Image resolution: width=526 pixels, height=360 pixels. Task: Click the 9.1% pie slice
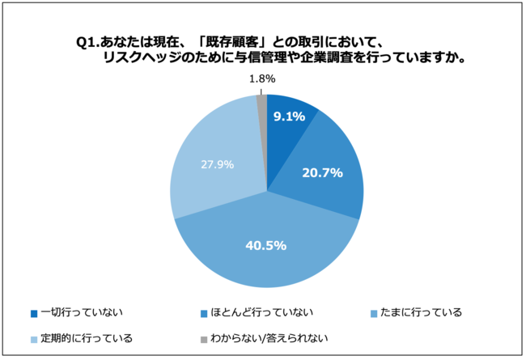(x=288, y=129)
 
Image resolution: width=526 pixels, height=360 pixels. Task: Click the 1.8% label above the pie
(x=262, y=78)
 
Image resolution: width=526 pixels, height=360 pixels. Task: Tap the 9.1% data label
(x=288, y=116)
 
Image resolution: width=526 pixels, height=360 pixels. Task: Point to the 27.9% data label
(x=218, y=164)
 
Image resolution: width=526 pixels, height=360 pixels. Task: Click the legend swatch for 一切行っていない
(x=33, y=312)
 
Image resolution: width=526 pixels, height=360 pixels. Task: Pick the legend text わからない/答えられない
(x=266, y=337)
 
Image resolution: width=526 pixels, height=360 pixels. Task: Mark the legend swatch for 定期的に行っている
(x=33, y=338)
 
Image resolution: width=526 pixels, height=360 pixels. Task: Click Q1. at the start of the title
(x=88, y=44)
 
